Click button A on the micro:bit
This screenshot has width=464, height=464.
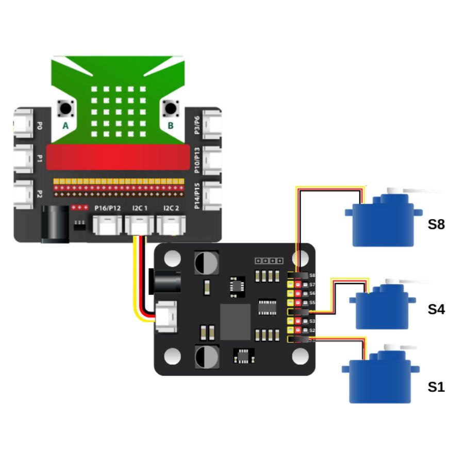click(x=66, y=109)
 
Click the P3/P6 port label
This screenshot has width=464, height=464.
click(x=197, y=125)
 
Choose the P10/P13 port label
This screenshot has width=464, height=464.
click(x=197, y=160)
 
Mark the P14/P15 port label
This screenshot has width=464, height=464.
click(x=197, y=195)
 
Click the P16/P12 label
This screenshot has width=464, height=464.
click(x=108, y=208)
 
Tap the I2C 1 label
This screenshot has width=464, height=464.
click(x=140, y=208)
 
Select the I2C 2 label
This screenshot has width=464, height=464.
click(x=171, y=208)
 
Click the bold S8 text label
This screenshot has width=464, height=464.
click(x=436, y=225)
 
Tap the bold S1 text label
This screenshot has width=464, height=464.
click(x=436, y=387)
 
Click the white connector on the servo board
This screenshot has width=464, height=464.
click(x=167, y=316)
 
